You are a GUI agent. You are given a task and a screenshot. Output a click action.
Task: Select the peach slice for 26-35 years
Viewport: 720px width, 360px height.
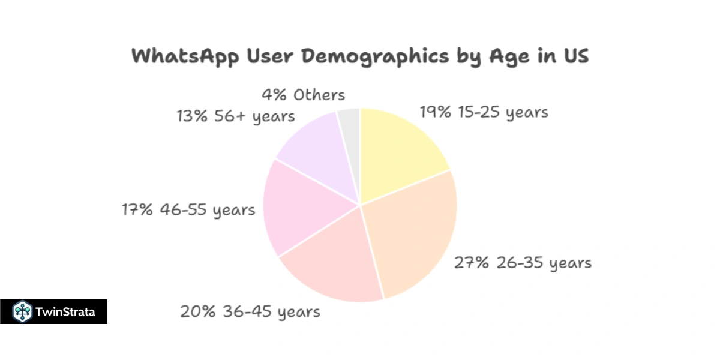click(414, 234)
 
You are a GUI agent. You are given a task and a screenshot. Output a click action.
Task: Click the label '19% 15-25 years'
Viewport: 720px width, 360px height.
click(484, 112)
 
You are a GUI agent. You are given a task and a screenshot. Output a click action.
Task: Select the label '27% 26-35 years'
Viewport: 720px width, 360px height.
click(522, 263)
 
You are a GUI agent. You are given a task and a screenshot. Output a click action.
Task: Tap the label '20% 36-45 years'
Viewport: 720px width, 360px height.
click(250, 312)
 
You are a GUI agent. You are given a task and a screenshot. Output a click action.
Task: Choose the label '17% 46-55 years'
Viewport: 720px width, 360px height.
click(188, 210)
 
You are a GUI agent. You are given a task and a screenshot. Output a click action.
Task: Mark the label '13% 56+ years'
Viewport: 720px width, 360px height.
click(235, 116)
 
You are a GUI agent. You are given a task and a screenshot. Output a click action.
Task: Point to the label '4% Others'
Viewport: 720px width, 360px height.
click(303, 95)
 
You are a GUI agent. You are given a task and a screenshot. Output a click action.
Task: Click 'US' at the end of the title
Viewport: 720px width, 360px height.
click(575, 56)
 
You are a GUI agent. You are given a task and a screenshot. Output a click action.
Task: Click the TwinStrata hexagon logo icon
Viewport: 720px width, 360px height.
click(22, 311)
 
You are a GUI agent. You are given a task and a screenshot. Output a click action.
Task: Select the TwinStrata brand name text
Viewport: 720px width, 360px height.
click(65, 312)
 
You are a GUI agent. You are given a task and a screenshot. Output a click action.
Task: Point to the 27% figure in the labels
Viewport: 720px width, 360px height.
click(469, 263)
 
